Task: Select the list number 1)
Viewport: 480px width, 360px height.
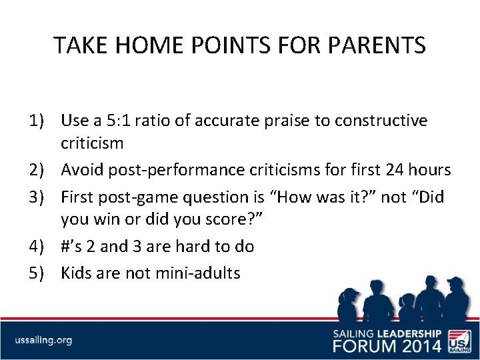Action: pos(37,121)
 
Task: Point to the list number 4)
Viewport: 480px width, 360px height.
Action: pos(37,246)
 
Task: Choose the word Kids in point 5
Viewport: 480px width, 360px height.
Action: pos(77,273)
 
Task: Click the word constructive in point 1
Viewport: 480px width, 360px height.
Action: pos(381,121)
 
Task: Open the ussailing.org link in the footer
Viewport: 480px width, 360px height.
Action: pos(44,340)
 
